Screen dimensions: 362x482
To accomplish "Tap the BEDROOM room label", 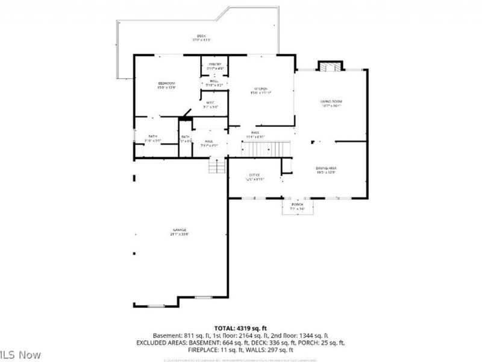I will tap(166, 83).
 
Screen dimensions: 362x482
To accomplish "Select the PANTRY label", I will tap(215, 65).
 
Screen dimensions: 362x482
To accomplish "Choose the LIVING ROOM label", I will tap(331, 102).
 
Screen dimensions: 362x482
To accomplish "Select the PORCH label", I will tap(297, 205).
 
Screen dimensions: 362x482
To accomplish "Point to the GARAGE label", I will tap(180, 230).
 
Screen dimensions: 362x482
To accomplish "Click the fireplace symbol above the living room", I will tap(330, 66).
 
